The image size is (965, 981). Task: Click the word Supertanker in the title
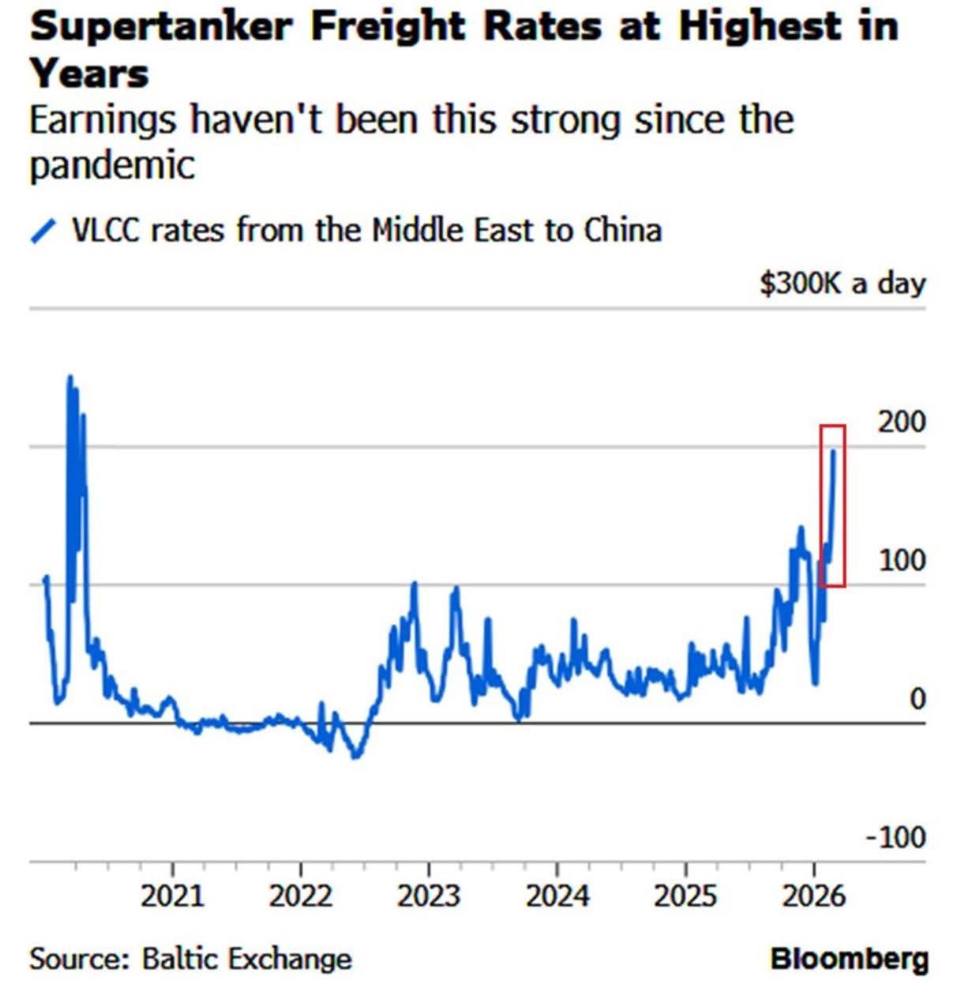160,27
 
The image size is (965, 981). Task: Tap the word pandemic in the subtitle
111,166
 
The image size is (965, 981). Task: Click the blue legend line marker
43,231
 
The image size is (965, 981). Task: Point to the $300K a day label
842,283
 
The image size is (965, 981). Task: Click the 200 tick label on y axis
902,422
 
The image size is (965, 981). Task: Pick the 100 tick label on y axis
902,560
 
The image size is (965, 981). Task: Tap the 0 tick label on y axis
916,698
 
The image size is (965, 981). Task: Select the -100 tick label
896,836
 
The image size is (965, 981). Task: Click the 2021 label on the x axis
172,896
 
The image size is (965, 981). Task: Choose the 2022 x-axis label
301,896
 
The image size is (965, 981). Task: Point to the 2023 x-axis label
429,896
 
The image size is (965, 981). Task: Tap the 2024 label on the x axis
558,896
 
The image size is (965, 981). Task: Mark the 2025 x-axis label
685,896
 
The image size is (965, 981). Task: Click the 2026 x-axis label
813,896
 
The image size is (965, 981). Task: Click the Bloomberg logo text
848,959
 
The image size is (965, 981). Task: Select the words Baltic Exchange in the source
246,959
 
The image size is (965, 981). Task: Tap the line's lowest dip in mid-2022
356,756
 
